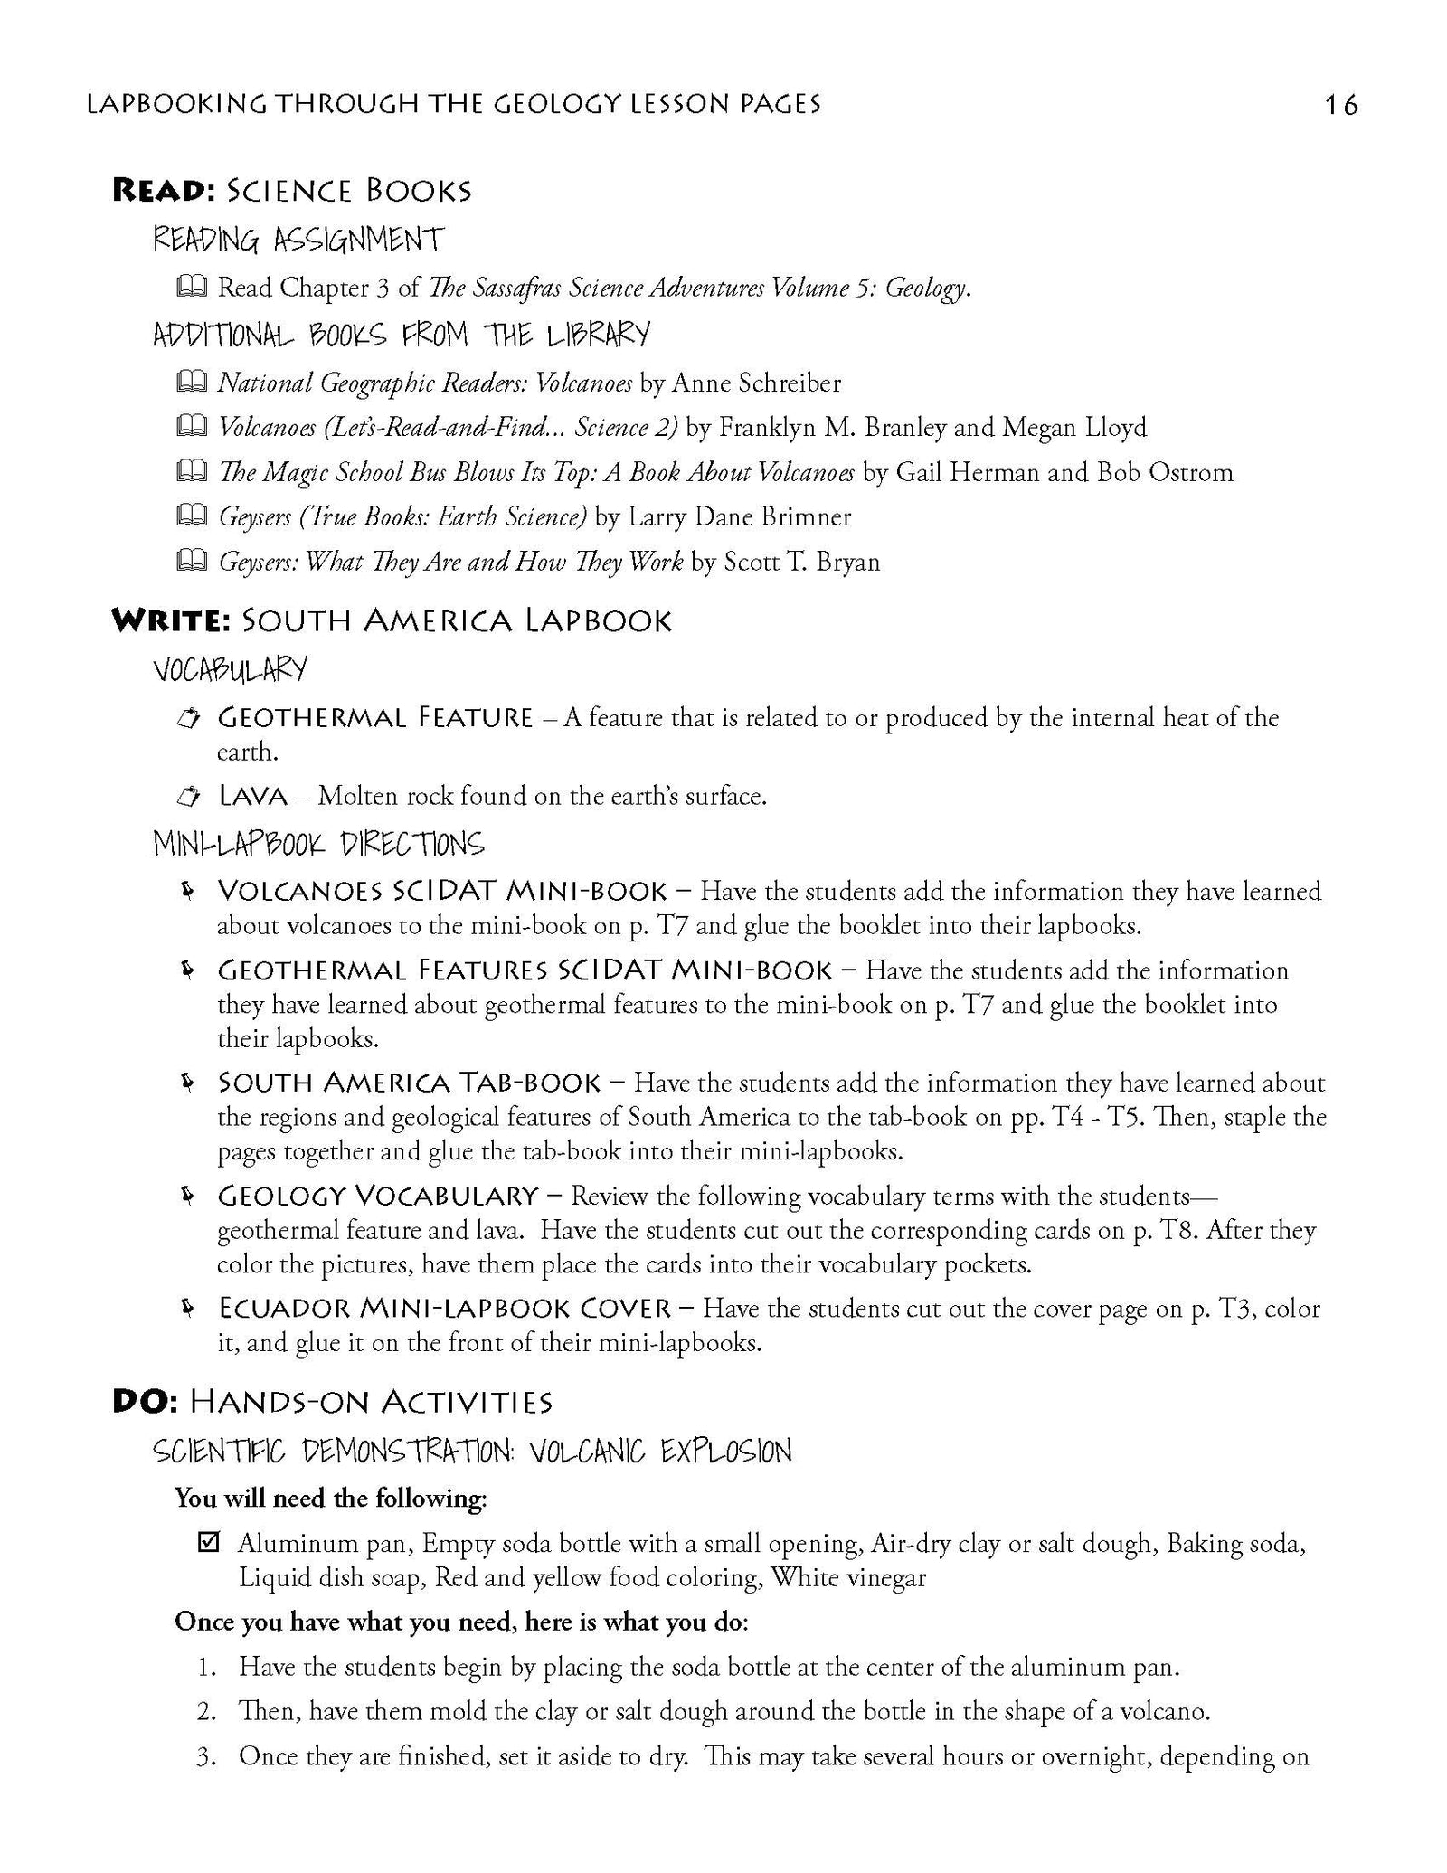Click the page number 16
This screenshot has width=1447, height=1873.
coord(1340,106)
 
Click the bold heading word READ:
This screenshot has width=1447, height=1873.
coord(161,191)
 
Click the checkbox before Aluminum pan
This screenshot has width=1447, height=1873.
coord(208,1543)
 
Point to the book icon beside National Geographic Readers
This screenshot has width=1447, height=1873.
coord(191,383)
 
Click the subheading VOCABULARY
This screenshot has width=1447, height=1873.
coord(231,670)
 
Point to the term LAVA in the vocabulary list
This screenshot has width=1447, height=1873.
coord(252,797)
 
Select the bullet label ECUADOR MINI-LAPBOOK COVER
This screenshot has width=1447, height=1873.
coord(444,1309)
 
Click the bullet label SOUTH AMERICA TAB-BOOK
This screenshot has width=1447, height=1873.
coord(409,1083)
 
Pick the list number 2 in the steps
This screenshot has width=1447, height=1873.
coord(206,1712)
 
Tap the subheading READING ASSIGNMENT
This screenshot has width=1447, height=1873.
coord(298,241)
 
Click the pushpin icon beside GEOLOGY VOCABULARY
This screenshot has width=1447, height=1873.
coord(186,1196)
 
